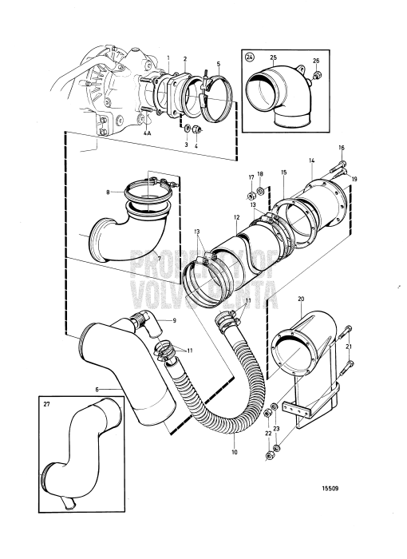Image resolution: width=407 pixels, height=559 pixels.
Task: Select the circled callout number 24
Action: pos(250,57)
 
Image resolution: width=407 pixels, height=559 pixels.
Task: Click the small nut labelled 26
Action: pos(318,77)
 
